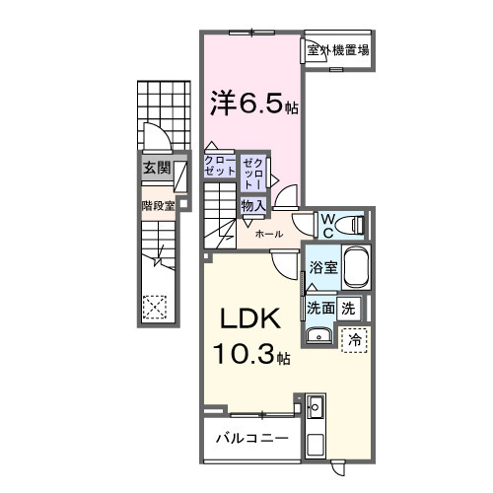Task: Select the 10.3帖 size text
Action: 247,355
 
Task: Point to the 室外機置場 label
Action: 338,50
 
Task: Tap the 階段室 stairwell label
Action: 156,206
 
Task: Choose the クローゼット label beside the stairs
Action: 220,165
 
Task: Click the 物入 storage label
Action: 253,206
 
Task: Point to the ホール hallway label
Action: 269,235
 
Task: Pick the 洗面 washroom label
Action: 320,308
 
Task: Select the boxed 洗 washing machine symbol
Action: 349,308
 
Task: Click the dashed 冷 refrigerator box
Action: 354,339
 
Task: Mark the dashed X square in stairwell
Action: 155,306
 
